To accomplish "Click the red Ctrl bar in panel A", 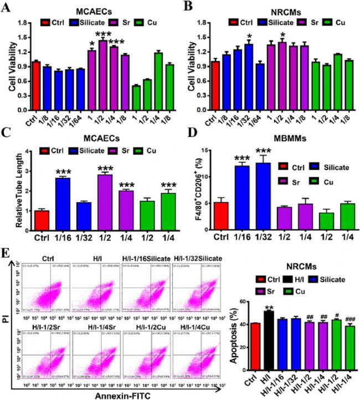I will [x=36, y=78].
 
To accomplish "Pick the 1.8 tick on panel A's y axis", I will [x=21, y=23].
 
